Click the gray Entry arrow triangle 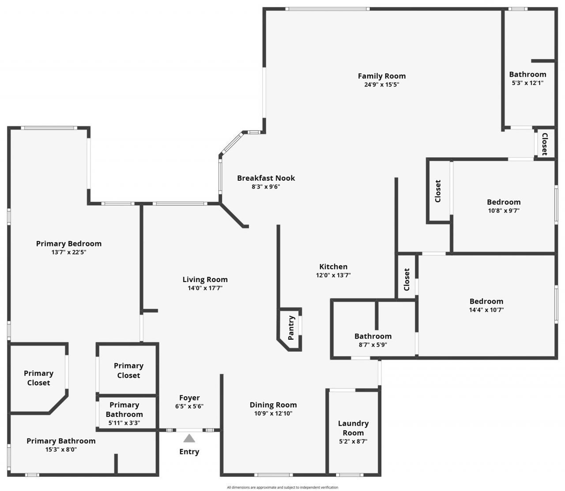tap(189, 438)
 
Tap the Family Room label tap(381, 76)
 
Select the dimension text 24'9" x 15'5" tap(381, 85)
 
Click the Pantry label tap(291, 328)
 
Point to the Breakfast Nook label tap(266, 178)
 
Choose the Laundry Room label tap(353, 428)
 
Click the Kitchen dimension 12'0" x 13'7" tap(333, 275)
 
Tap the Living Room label tap(205, 279)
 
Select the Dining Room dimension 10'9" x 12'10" tap(273, 413)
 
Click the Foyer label tap(189, 398)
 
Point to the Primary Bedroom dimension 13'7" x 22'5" tap(69, 252)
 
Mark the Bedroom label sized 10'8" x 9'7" tap(504, 202)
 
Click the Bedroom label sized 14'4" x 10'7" tap(486, 301)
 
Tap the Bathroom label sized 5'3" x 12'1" tap(527, 74)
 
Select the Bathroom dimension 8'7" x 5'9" tap(373, 345)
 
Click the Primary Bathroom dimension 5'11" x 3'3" tap(124, 423)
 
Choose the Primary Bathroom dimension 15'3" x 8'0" tap(61, 450)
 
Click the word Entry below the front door tap(189, 452)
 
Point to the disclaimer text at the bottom tap(282, 487)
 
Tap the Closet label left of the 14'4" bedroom tap(407, 279)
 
